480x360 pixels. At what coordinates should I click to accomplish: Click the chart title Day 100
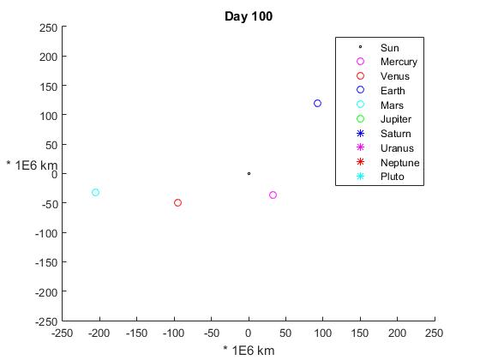pos(249,16)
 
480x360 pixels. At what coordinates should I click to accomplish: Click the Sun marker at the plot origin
pos(249,173)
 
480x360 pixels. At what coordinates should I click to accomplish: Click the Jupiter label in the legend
pos(396,119)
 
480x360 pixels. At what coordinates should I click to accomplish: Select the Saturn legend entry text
pos(395,134)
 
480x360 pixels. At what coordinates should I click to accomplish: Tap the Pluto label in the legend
pos(393,177)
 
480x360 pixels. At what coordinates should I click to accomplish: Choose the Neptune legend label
pos(399,163)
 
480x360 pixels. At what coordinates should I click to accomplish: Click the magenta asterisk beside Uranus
pos(360,147)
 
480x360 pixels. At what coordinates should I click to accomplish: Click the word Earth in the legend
pos(393,91)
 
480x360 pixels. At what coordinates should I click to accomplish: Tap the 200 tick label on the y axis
pos(48,57)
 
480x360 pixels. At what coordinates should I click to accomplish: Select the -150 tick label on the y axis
pos(46,262)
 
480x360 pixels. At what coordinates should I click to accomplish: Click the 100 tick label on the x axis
pos(323,333)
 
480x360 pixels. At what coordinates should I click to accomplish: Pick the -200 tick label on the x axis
pos(99,333)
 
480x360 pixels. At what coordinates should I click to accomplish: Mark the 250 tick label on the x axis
pos(434,333)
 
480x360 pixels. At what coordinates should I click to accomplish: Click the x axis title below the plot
pos(249,351)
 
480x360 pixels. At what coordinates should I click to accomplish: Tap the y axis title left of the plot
pos(32,165)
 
